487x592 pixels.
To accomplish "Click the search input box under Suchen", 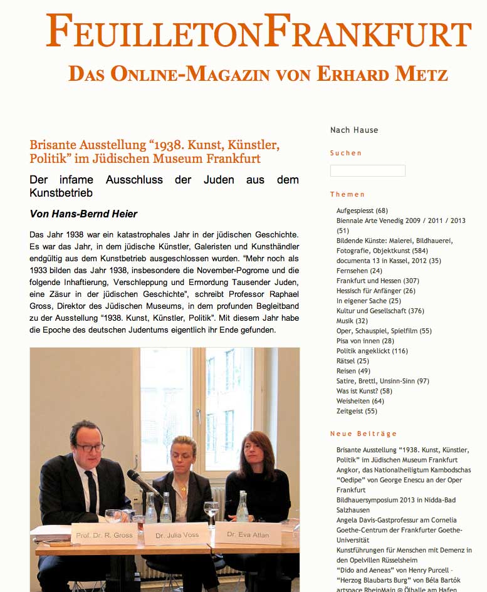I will click(367, 170).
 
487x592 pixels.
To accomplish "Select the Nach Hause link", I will click(354, 130).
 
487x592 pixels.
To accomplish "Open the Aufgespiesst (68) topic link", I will click(362, 210).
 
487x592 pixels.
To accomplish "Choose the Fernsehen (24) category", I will click(359, 271).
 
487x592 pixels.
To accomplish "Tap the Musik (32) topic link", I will click(352, 321).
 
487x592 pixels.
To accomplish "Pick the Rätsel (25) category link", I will click(352, 361).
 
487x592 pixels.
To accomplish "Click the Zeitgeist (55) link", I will click(357, 411).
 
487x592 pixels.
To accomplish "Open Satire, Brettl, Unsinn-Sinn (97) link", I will click(382, 381).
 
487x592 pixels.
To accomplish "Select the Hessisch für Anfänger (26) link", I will click(375, 291).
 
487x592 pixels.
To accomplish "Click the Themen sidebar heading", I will click(347, 194).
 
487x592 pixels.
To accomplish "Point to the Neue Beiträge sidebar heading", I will click(364, 434).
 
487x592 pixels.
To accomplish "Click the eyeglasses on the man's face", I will click(90, 447).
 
